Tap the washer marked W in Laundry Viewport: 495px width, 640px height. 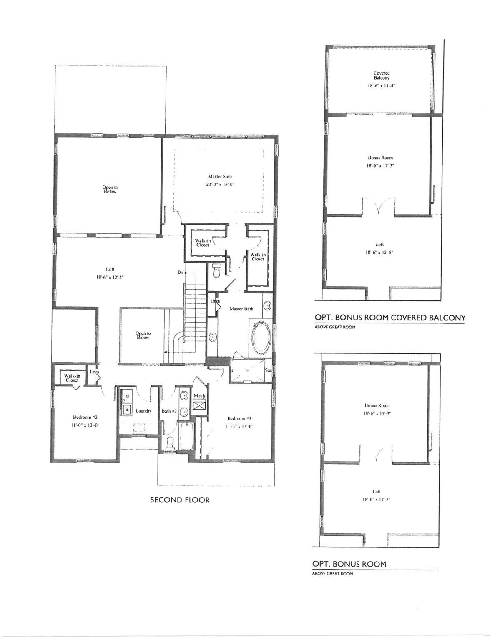[x=125, y=409]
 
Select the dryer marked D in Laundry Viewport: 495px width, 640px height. [x=128, y=393]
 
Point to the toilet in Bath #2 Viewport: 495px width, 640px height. [x=170, y=443]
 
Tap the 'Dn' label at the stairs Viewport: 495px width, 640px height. [x=180, y=272]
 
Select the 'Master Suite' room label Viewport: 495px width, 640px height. [x=220, y=176]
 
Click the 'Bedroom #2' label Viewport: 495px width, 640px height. [x=85, y=417]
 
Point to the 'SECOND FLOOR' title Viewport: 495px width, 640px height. [x=180, y=500]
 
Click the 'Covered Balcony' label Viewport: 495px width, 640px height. [x=382, y=75]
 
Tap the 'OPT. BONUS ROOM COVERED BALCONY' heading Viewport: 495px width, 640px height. [x=389, y=318]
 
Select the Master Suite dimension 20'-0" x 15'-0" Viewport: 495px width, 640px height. [x=220, y=185]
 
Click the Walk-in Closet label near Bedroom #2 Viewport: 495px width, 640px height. [x=71, y=377]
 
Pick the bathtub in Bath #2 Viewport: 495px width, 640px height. [x=184, y=436]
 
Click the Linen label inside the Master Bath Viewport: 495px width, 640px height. [x=215, y=300]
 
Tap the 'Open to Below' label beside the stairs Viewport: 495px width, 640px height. [x=143, y=335]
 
